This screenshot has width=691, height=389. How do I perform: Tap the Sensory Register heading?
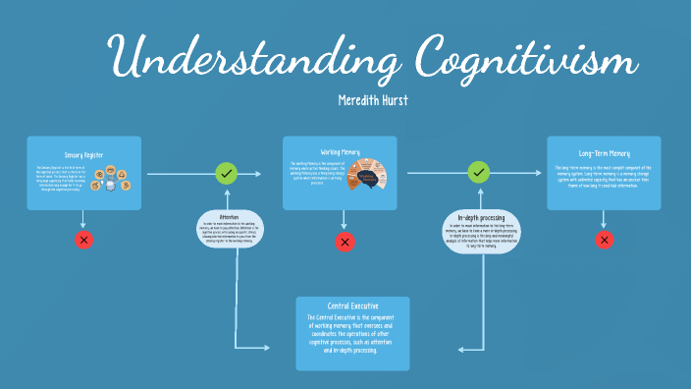pos(84,155)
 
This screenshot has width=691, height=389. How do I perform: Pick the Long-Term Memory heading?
pos(604,155)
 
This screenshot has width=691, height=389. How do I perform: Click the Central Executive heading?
pos(351,306)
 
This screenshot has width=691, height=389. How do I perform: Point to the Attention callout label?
pos(229,216)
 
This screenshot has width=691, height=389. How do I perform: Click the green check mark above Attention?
pos(227,174)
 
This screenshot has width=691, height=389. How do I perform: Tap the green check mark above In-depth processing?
pos(478,173)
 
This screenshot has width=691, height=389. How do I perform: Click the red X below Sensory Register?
pos(84,240)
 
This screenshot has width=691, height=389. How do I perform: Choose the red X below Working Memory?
pos(345,242)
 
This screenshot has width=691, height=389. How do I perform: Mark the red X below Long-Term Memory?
pos(605,240)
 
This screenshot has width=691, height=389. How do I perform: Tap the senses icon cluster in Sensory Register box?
pos(117,180)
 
